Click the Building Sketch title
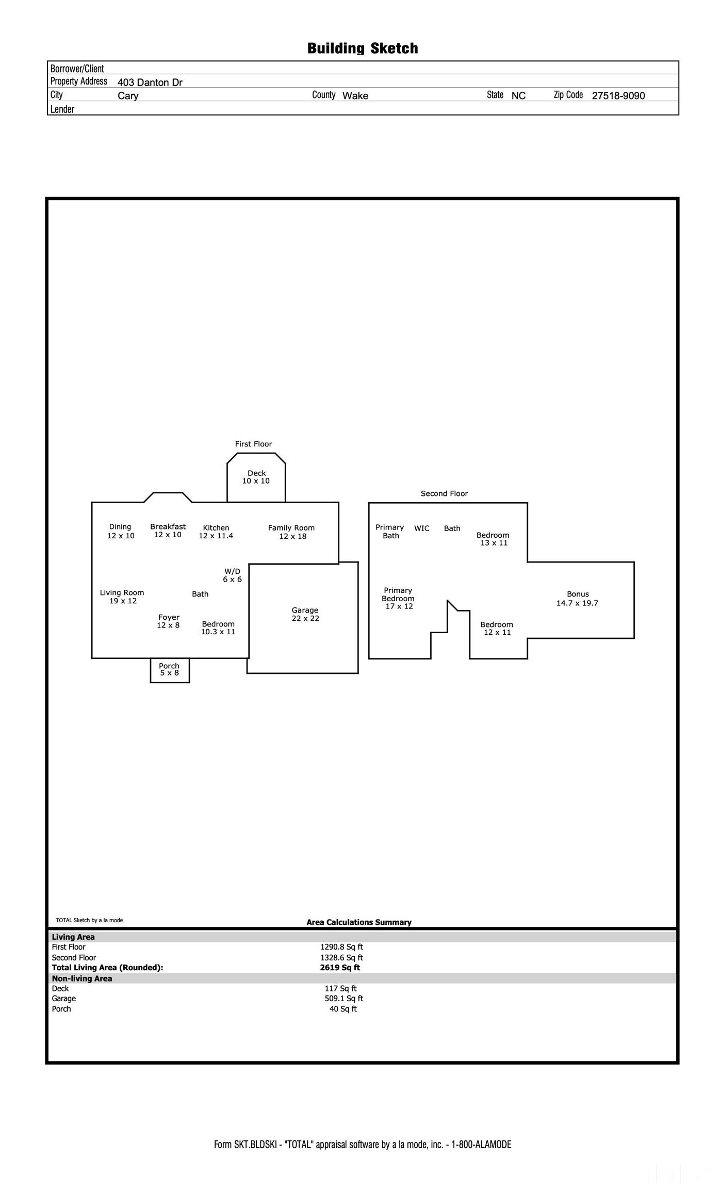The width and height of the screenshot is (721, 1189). coord(362,49)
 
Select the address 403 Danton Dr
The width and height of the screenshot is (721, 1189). coord(150,83)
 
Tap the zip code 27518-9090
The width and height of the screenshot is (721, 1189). coord(618,95)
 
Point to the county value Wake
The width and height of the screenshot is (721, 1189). coord(355,95)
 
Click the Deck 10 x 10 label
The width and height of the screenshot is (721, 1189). coord(256,477)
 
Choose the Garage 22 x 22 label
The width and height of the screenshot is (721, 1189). coord(305,614)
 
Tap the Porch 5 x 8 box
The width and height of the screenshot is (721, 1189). coord(169,669)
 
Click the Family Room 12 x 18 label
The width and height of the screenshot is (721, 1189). coord(291,532)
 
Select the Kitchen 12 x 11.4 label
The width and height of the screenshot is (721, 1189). coord(216,532)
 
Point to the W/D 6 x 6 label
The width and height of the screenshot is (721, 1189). coord(232,575)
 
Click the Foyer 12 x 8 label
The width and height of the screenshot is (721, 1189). coord(169,621)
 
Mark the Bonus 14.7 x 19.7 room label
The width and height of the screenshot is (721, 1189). coord(577,599)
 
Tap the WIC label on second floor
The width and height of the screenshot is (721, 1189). coord(421,528)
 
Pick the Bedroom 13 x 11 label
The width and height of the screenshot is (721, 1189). coord(493,539)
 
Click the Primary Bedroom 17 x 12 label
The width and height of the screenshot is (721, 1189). coord(398,598)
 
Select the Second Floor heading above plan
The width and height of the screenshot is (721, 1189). coord(444,494)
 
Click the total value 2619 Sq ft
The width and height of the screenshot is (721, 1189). coord(340,968)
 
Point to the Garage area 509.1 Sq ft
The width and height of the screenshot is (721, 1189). coord(343,999)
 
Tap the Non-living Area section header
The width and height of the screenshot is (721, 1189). coord(82,978)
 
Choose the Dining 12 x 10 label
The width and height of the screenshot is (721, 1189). coord(120,531)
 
